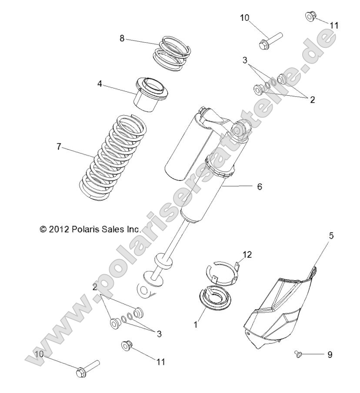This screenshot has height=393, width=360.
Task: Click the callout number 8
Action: click(123, 39)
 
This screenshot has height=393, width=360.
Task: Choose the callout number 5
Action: click(331, 236)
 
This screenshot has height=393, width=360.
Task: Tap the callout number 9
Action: click(330, 355)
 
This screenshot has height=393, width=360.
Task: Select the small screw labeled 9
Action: click(298, 353)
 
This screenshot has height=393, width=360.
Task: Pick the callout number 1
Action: click(196, 324)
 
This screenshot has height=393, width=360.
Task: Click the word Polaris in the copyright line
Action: click(86, 228)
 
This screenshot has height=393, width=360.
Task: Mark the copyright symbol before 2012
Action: click(43, 228)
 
